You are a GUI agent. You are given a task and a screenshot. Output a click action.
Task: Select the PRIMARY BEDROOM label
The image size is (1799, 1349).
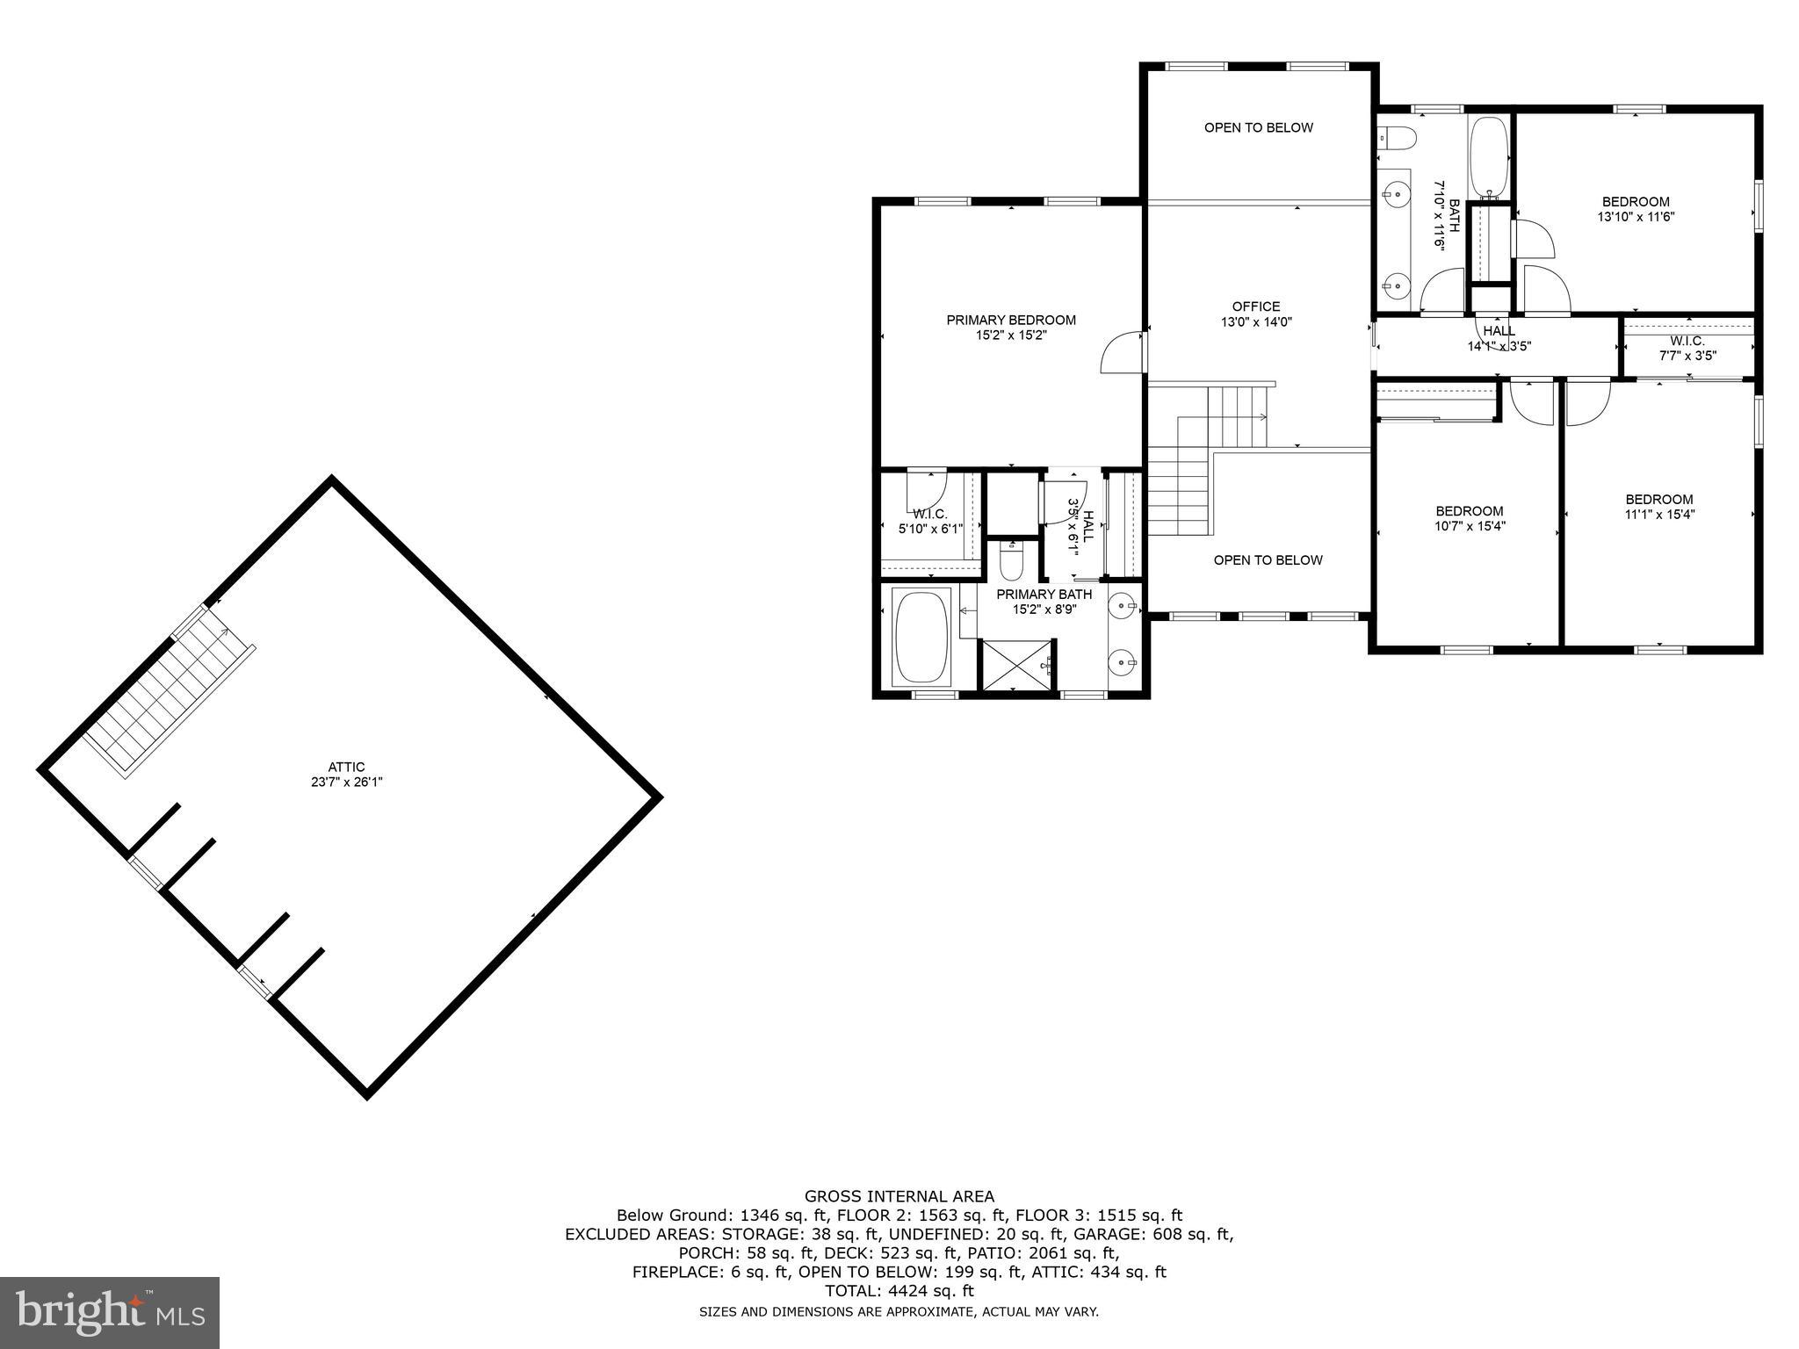tap(1011, 320)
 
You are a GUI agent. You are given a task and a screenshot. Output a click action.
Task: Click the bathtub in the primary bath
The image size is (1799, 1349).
tap(921, 637)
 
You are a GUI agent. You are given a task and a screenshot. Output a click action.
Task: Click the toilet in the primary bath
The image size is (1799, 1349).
tap(1011, 562)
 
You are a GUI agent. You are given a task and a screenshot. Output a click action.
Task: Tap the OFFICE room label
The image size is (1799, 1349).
tap(1255, 307)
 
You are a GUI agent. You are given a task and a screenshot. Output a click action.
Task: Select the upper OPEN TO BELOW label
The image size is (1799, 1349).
tap(1258, 127)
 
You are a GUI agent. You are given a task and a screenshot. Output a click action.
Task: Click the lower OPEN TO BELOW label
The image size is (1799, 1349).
tap(1268, 560)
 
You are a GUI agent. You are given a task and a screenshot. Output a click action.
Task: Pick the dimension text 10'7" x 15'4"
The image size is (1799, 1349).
tap(1469, 526)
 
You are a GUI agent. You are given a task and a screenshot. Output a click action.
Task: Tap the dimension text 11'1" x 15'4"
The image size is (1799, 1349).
tap(1658, 515)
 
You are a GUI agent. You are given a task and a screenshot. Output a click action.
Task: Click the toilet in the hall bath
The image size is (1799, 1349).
tap(1398, 138)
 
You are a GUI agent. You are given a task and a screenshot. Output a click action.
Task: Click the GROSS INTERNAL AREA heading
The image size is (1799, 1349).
tap(899, 1196)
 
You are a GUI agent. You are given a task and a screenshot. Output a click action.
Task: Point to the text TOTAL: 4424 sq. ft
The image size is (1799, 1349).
tap(899, 1291)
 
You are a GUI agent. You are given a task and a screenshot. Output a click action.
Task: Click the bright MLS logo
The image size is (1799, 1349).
tap(110, 1313)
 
